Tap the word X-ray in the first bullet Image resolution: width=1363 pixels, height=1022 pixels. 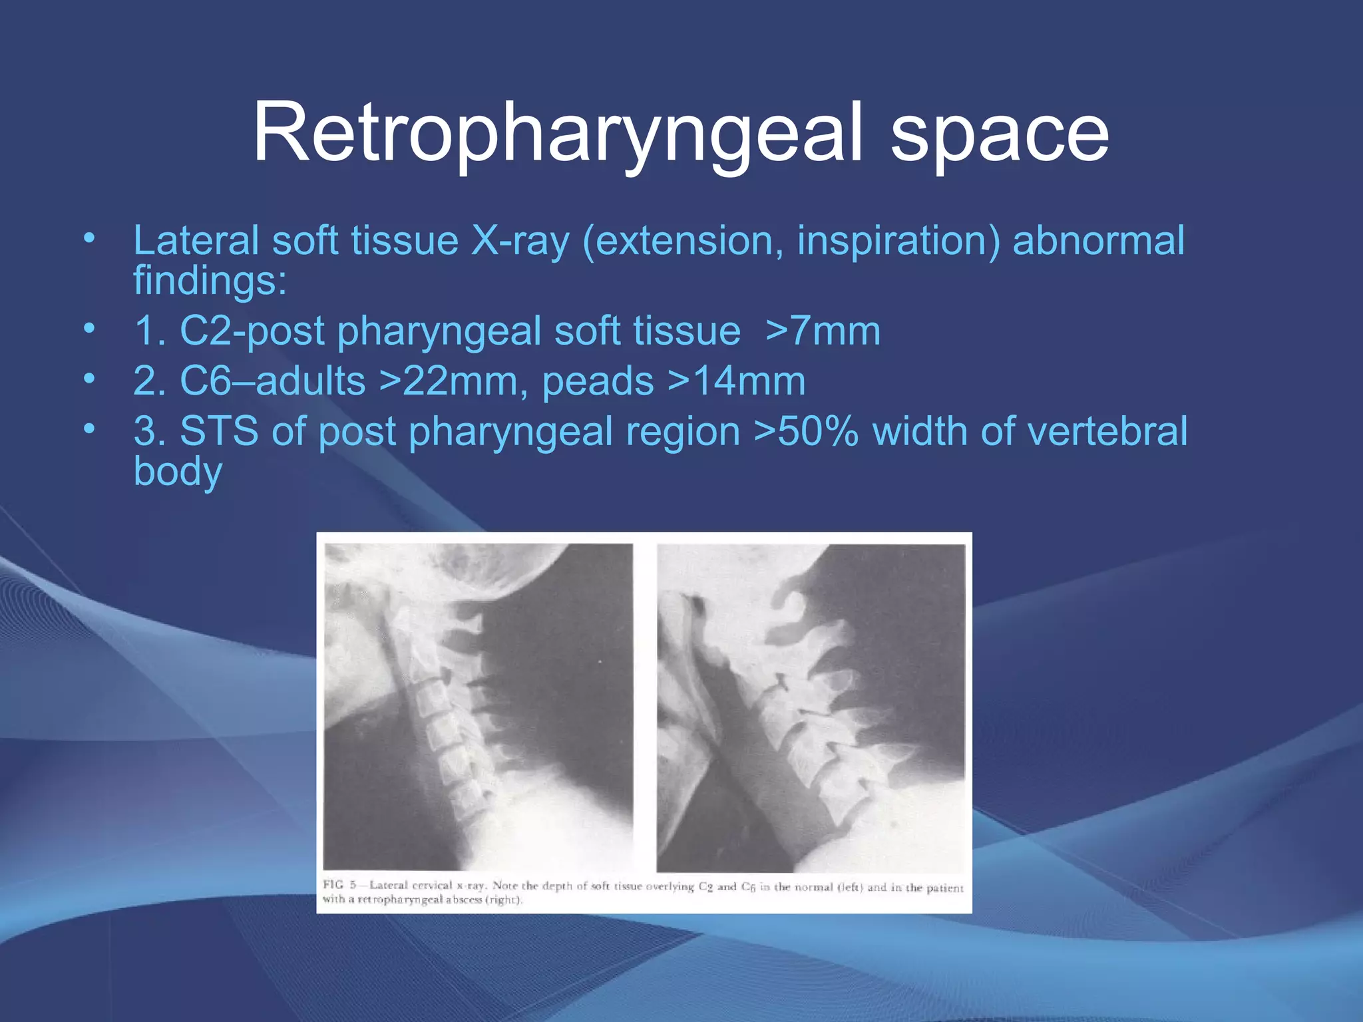click(520, 241)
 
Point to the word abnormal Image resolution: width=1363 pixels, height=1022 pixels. click(1098, 241)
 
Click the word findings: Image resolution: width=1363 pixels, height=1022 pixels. click(210, 280)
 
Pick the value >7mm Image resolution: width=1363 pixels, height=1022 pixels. click(823, 331)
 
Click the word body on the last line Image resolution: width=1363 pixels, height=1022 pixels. click(178, 472)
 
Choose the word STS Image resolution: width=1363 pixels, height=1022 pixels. click(219, 431)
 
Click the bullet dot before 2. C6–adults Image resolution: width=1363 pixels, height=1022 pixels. click(89, 379)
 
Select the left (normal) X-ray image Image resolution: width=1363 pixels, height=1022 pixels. click(478, 707)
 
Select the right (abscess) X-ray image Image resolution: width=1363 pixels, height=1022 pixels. click(811, 708)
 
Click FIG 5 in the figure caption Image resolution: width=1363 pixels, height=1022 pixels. click(339, 885)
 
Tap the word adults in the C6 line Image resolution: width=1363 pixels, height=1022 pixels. click(310, 382)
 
